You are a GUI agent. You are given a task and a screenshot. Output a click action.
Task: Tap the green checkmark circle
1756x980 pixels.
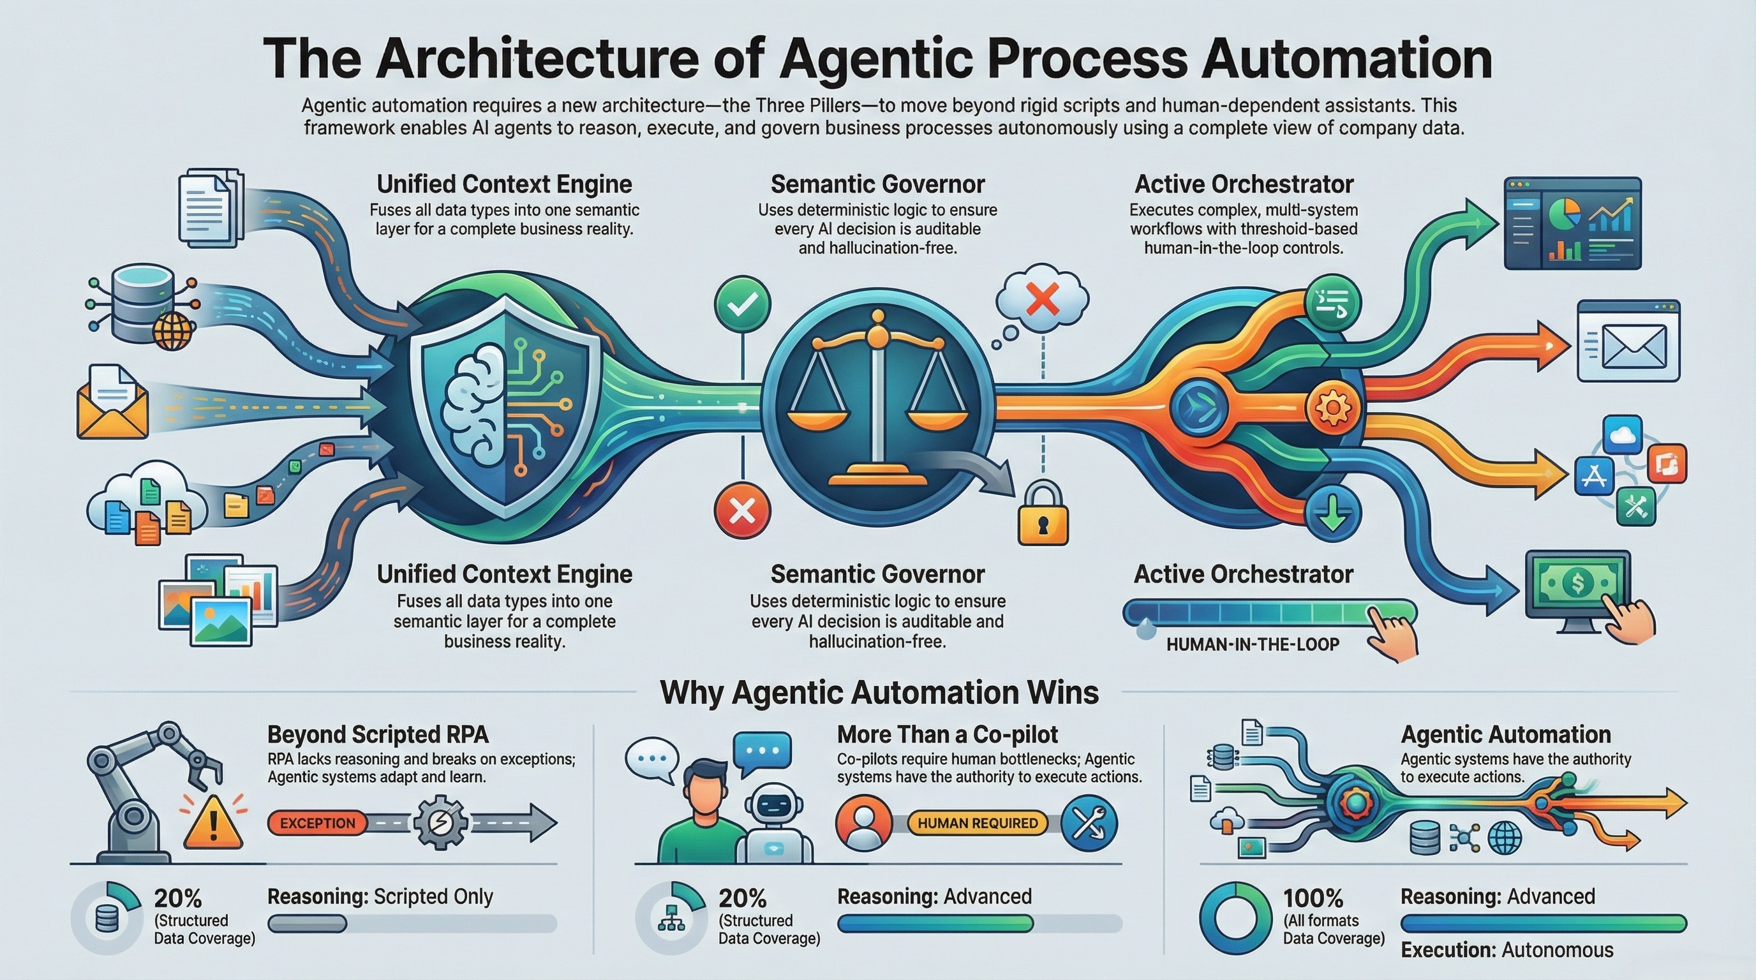pos(742,304)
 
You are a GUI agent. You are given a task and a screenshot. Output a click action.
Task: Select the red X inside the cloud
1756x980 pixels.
pos(1042,299)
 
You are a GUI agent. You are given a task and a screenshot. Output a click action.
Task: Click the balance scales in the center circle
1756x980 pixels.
pos(878,396)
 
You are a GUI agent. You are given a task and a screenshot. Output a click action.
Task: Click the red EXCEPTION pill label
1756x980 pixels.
pos(318,822)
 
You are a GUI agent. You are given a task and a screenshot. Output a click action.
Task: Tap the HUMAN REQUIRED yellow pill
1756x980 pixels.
pos(978,822)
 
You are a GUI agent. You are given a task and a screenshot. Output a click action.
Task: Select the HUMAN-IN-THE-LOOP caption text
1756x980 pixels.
pos(1253,644)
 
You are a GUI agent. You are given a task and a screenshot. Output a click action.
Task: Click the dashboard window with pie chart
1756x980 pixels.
pos(1573,222)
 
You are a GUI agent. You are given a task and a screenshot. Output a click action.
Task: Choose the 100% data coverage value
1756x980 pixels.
pos(1313,897)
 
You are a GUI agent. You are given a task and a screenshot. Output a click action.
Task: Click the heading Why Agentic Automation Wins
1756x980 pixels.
pos(879,692)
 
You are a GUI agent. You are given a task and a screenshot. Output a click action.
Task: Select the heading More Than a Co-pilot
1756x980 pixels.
pos(947,734)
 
